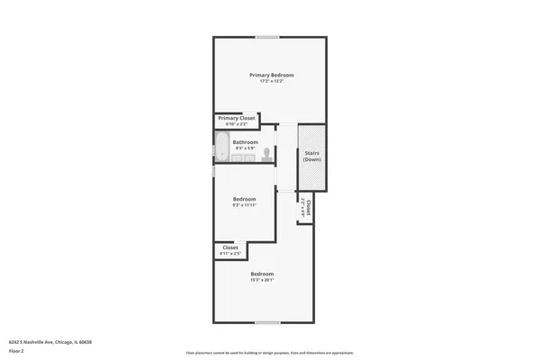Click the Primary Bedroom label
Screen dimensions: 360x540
pyautogui.click(x=271, y=75)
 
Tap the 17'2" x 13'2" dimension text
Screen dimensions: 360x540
pyautogui.click(x=271, y=82)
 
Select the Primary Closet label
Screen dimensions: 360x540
pyautogui.click(x=237, y=118)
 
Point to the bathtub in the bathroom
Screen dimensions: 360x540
pyautogui.click(x=220, y=148)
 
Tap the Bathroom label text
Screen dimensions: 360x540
pyautogui.click(x=246, y=142)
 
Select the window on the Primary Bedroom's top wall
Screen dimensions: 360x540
pyautogui.click(x=267, y=37)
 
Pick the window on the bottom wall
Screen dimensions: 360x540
pyautogui.click(x=267, y=322)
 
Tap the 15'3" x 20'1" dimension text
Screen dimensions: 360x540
pyautogui.click(x=262, y=280)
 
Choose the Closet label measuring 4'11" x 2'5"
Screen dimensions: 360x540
pyautogui.click(x=229, y=247)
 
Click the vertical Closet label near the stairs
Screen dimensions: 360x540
pyautogui.click(x=309, y=207)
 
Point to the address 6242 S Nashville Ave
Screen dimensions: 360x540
pyautogui.click(x=50, y=342)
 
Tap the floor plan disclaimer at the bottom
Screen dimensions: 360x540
pyautogui.click(x=270, y=353)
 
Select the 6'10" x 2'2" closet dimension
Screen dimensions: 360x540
pyautogui.click(x=237, y=124)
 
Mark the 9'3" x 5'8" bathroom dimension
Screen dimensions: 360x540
pyautogui.click(x=246, y=148)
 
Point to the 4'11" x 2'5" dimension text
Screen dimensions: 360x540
pyautogui.click(x=229, y=254)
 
